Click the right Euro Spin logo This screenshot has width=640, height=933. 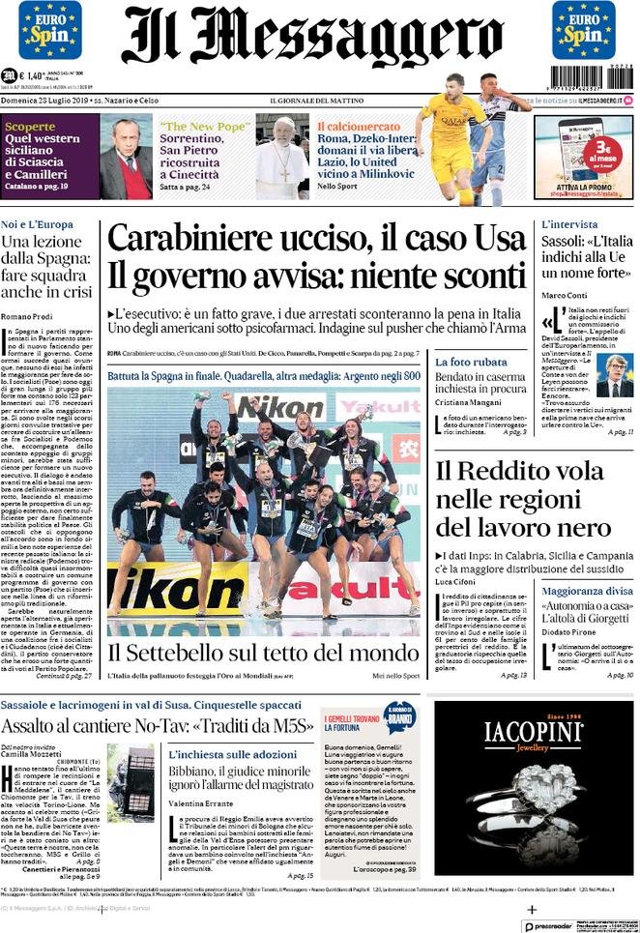(583, 30)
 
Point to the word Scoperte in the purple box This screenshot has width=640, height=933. (30, 127)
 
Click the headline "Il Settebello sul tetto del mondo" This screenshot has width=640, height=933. (263, 653)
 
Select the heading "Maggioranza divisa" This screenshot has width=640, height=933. (587, 590)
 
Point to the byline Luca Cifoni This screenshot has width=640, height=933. (459, 582)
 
